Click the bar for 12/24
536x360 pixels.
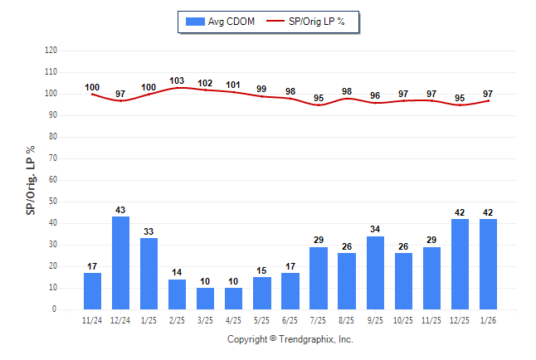pos(120,263)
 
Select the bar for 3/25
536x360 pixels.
pos(205,299)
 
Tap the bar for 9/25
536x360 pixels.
pos(375,273)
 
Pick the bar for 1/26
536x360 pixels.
pos(488,264)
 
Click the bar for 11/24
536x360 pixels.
pos(92,291)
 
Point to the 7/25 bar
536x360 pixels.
pos(319,278)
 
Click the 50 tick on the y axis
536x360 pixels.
pos(52,202)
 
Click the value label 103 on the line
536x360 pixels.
pos(177,80)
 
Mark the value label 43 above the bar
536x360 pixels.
pos(120,210)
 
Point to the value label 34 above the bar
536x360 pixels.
pos(375,230)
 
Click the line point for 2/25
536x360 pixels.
pos(177,87)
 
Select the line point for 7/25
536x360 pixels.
pos(319,105)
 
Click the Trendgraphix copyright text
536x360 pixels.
pos(290,339)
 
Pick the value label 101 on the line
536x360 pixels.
pos(233,85)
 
